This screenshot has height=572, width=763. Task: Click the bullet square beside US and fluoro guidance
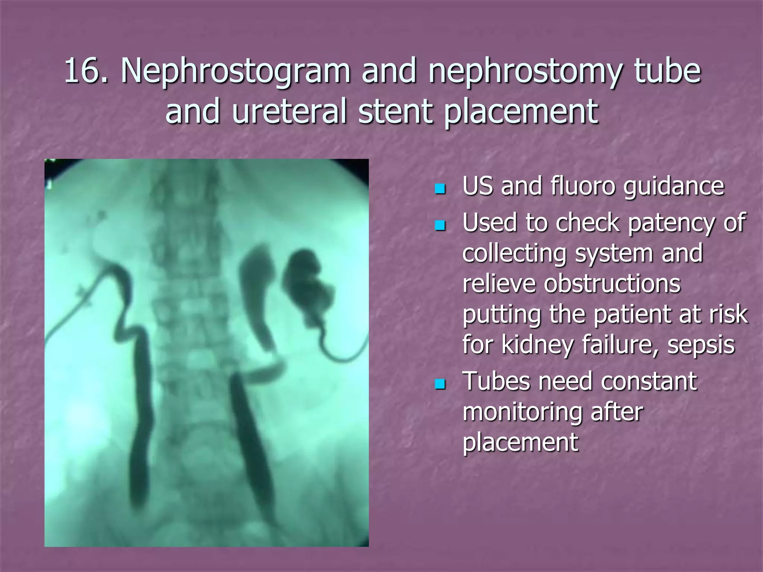click(x=440, y=189)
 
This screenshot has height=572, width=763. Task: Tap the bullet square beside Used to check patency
click(x=440, y=225)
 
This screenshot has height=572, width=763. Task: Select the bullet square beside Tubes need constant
click(x=440, y=384)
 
